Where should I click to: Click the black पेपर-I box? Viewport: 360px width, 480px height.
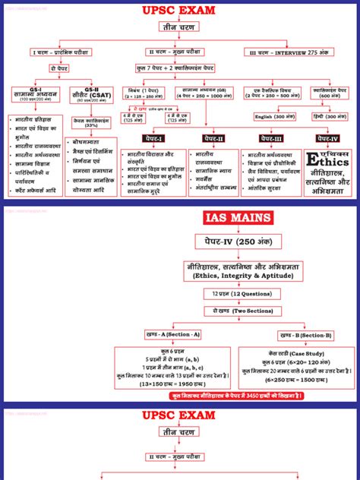157,139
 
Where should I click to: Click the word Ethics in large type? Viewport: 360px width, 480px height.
328,161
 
